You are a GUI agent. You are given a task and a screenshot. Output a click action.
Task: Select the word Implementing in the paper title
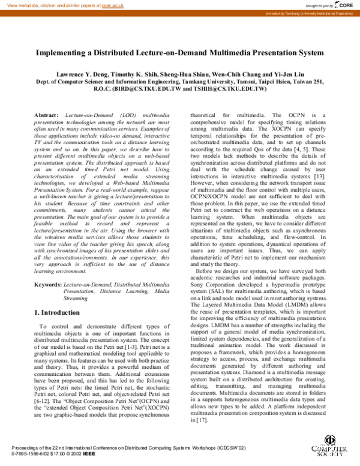pos(62,52)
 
